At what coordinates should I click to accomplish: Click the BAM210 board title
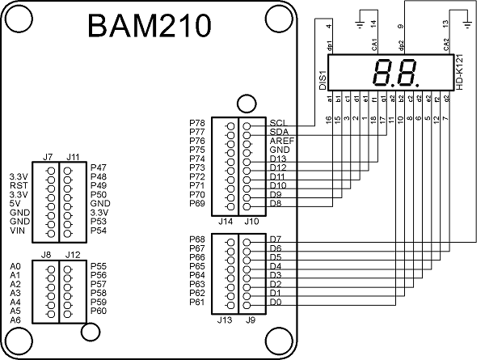click(x=150, y=28)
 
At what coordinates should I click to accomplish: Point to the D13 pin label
click(x=277, y=159)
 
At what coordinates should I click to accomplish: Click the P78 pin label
click(x=197, y=122)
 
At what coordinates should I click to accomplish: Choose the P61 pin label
click(x=197, y=303)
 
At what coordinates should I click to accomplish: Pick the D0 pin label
click(x=275, y=303)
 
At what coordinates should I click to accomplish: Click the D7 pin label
click(x=275, y=239)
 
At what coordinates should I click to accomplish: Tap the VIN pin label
click(x=17, y=231)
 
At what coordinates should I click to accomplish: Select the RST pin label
click(x=18, y=184)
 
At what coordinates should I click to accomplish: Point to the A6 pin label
click(x=15, y=320)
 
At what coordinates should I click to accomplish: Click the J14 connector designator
click(x=226, y=220)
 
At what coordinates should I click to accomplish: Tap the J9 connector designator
click(x=251, y=320)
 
